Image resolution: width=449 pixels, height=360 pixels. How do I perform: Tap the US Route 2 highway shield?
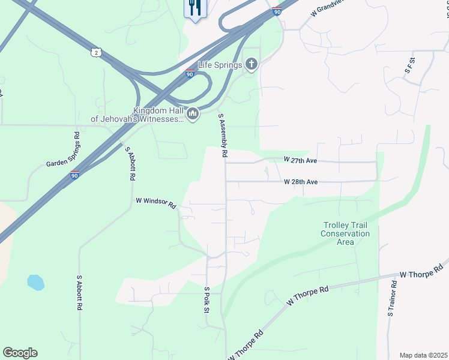coord(96,53)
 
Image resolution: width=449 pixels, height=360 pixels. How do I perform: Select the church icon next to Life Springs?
coord(252,64)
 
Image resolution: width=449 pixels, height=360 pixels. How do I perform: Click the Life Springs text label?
coord(220,65)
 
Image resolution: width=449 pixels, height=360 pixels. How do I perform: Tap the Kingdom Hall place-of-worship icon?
coord(193,113)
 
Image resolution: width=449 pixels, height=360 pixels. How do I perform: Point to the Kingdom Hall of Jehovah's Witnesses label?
coord(137,115)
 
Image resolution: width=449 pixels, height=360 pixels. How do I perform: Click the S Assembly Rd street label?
coord(223,136)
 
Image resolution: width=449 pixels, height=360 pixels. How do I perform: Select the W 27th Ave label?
coord(301,160)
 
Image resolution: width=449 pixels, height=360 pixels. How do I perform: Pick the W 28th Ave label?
coord(301,181)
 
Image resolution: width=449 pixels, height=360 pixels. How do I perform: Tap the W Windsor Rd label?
coord(155,203)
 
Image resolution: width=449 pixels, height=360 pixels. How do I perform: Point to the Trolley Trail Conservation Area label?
coord(345,233)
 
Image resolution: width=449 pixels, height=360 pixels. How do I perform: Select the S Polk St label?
coord(206,300)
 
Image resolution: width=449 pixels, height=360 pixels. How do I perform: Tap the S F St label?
coord(411,65)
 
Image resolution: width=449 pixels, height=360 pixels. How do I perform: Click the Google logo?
coord(20,353)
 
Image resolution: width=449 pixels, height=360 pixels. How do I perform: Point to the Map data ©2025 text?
coord(423,355)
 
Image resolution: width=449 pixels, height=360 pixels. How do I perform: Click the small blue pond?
coord(35,282)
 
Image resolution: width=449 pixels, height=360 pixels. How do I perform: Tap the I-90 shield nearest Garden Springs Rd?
coord(74,175)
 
